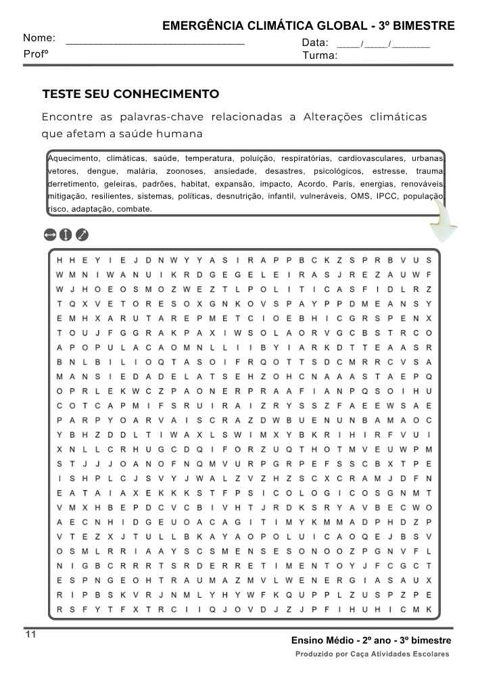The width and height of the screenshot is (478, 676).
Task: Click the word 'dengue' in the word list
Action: tap(101, 171)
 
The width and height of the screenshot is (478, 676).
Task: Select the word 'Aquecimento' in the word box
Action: tap(74, 158)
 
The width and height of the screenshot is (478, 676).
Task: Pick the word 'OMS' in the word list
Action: tap(359, 197)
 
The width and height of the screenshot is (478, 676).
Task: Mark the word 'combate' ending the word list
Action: tap(134, 209)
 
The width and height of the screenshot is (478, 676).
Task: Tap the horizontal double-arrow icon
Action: tap(49, 235)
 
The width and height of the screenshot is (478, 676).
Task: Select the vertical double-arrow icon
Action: tap(66, 235)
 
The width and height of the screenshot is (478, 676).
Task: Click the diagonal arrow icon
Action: tap(82, 235)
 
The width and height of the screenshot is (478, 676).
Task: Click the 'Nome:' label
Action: tap(39, 39)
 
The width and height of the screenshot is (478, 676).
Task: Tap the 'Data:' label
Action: tap(315, 43)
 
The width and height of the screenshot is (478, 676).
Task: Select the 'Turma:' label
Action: tap(320, 55)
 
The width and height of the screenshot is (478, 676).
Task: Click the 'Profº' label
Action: tap(36, 53)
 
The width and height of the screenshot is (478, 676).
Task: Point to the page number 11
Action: tap(30, 634)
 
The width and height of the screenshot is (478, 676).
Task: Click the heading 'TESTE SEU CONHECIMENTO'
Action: tap(130, 94)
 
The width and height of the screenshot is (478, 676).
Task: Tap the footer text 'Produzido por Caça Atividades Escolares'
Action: tap(372, 654)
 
